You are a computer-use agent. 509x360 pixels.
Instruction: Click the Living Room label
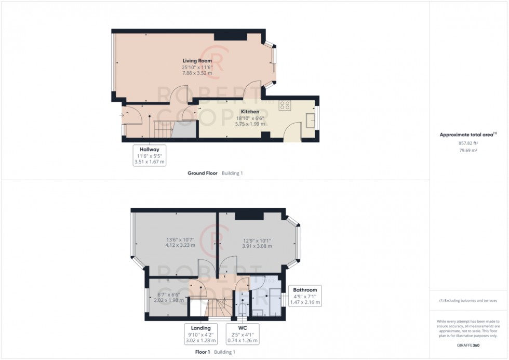click(197, 61)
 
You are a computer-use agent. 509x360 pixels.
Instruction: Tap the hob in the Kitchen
click(285, 105)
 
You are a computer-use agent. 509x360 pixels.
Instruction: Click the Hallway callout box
click(150, 155)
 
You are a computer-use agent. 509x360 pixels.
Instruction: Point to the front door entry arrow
click(122, 115)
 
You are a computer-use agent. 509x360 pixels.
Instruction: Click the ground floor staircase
click(162, 126)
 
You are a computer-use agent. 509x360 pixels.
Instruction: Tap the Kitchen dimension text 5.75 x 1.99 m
click(250, 124)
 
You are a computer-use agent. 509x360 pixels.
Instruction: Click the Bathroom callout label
click(305, 289)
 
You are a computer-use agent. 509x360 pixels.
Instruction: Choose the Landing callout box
click(201, 334)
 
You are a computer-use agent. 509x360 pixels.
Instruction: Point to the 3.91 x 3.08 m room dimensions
click(257, 246)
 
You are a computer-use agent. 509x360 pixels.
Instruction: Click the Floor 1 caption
click(202, 352)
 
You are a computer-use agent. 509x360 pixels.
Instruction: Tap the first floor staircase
click(217, 307)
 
